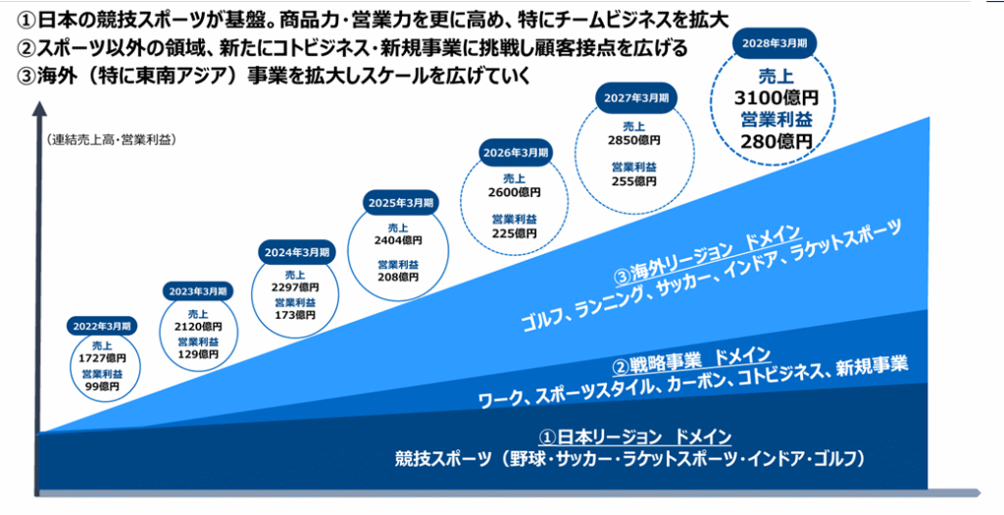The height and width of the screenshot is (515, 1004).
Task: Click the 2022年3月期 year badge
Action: pos(102,326)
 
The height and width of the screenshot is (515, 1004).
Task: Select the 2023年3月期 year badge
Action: pos(198,291)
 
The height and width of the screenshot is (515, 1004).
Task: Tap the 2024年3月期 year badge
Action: pos(297,252)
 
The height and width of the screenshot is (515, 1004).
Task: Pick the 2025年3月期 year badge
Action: pos(400,202)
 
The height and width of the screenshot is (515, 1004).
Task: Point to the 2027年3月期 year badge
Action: pos(635,98)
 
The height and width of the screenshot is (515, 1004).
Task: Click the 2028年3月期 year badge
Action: pos(775,43)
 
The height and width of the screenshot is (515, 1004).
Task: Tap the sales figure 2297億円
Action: pos(295,287)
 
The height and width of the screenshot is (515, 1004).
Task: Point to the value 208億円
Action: pos(398,278)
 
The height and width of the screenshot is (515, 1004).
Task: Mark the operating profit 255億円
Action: pos(634,181)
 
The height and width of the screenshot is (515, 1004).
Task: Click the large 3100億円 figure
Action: pos(777,98)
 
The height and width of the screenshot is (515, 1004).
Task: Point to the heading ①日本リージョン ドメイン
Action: pos(634,438)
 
